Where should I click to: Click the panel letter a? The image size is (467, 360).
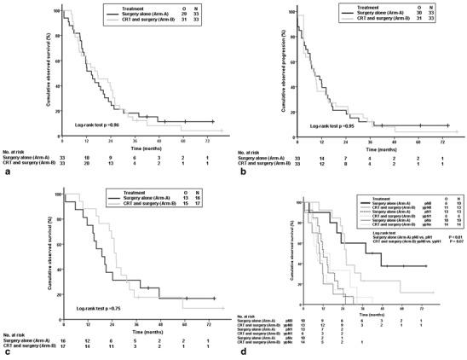(x=7, y=171)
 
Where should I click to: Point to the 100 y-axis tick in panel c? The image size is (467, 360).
(x=55, y=194)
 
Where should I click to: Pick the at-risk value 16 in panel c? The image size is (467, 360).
(x=63, y=340)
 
